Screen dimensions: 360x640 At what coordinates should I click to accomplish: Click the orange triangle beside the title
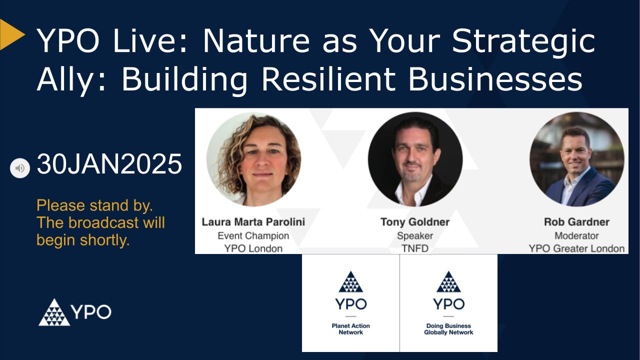tap(11, 34)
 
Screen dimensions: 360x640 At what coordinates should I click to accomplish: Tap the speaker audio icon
tap(20, 168)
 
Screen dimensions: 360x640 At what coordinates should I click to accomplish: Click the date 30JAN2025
tap(109, 164)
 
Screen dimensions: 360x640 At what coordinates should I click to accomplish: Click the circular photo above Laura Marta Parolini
tap(253, 159)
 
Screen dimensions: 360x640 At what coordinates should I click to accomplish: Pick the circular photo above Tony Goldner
tap(415, 159)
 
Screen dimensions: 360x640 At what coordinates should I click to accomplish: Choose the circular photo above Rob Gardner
tap(576, 159)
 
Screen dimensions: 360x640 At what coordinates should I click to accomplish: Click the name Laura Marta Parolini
tap(253, 221)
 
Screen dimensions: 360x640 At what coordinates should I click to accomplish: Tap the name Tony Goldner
tap(415, 221)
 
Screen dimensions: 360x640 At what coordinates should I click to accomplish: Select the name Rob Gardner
tap(576, 221)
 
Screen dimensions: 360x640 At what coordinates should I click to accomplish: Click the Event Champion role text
tap(253, 235)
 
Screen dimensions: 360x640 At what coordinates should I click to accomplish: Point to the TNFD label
tap(415, 248)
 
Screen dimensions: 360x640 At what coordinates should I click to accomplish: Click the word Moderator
tap(576, 235)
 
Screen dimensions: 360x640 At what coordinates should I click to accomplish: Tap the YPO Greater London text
tap(576, 248)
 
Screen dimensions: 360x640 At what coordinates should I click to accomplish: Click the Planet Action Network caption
tap(350, 329)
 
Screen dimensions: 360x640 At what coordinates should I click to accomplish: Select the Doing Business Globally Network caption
tap(448, 329)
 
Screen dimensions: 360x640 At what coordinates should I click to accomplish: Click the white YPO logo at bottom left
tap(75, 312)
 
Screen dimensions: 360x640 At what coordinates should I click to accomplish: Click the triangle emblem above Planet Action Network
tap(350, 282)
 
